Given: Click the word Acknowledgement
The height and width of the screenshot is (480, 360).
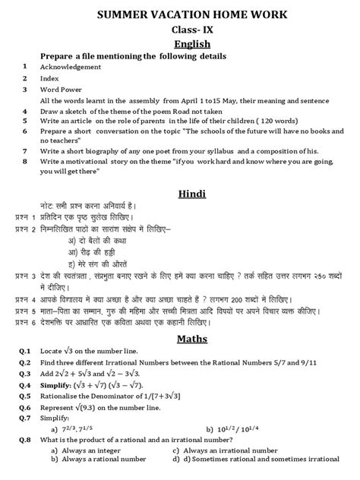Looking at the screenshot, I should (x=71, y=68).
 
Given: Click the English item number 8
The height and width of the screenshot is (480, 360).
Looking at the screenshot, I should (x=25, y=161).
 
